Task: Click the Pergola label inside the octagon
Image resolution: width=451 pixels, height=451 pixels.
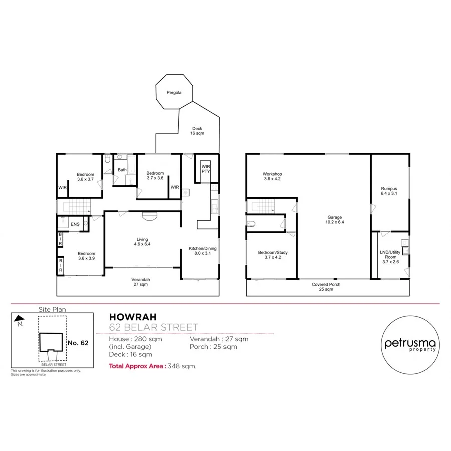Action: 173,93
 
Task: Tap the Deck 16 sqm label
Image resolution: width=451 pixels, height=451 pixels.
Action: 196,131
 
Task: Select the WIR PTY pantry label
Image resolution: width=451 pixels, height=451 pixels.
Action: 205,168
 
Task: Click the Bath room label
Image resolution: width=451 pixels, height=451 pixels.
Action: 122,170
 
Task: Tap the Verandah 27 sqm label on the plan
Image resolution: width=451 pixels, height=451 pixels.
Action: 141,282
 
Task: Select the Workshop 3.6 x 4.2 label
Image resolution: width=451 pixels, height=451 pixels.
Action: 272,176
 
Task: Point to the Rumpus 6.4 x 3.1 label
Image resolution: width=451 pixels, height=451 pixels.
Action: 389,191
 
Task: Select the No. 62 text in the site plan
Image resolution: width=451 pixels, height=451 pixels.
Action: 78,343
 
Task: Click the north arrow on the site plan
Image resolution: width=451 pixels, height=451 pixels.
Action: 19,318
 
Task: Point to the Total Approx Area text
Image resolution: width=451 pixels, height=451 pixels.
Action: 153,366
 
